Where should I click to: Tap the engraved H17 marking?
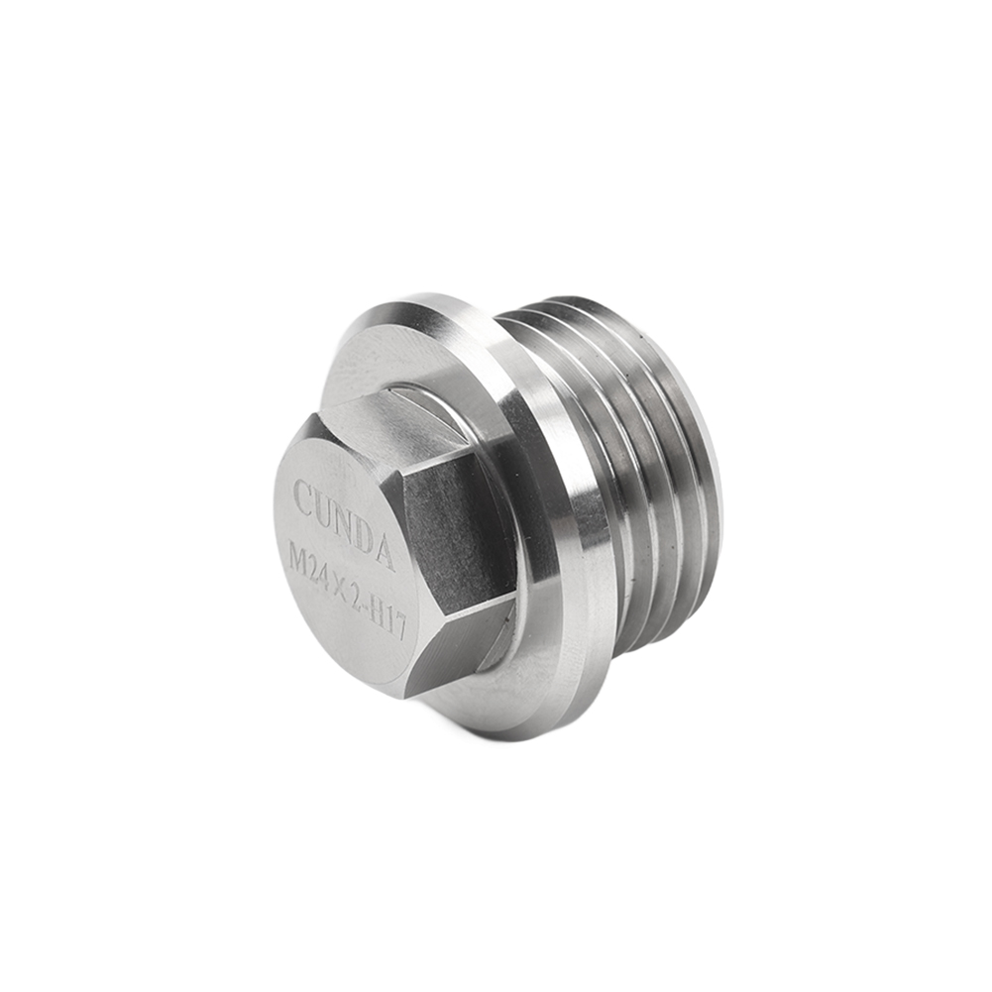(389, 622)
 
